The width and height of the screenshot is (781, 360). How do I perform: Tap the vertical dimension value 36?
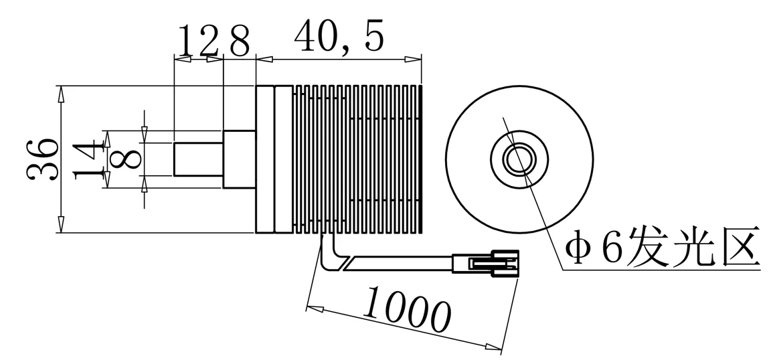42,159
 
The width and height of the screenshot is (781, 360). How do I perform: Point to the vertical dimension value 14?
89,159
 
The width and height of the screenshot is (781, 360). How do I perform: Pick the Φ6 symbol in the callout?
593,250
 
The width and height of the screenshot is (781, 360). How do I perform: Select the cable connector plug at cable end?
485,264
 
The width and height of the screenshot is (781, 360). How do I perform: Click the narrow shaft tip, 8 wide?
198,159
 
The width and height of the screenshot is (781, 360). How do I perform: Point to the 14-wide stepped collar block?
239,159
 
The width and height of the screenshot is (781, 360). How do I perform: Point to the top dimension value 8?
239,41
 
